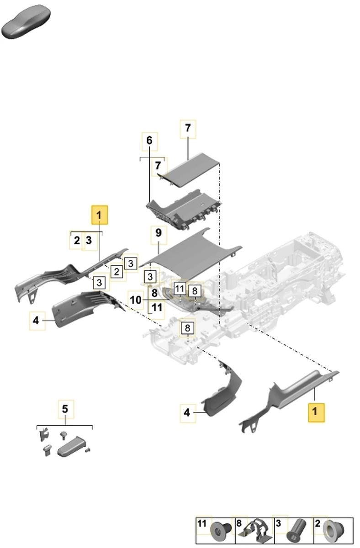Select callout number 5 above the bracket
(65, 408)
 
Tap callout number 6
(149, 141)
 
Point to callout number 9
(158, 233)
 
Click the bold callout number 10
(136, 300)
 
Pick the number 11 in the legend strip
(202, 523)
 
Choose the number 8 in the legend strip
(238, 523)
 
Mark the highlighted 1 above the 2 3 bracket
(100, 215)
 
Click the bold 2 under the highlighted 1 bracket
(77, 240)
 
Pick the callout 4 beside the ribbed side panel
(36, 320)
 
